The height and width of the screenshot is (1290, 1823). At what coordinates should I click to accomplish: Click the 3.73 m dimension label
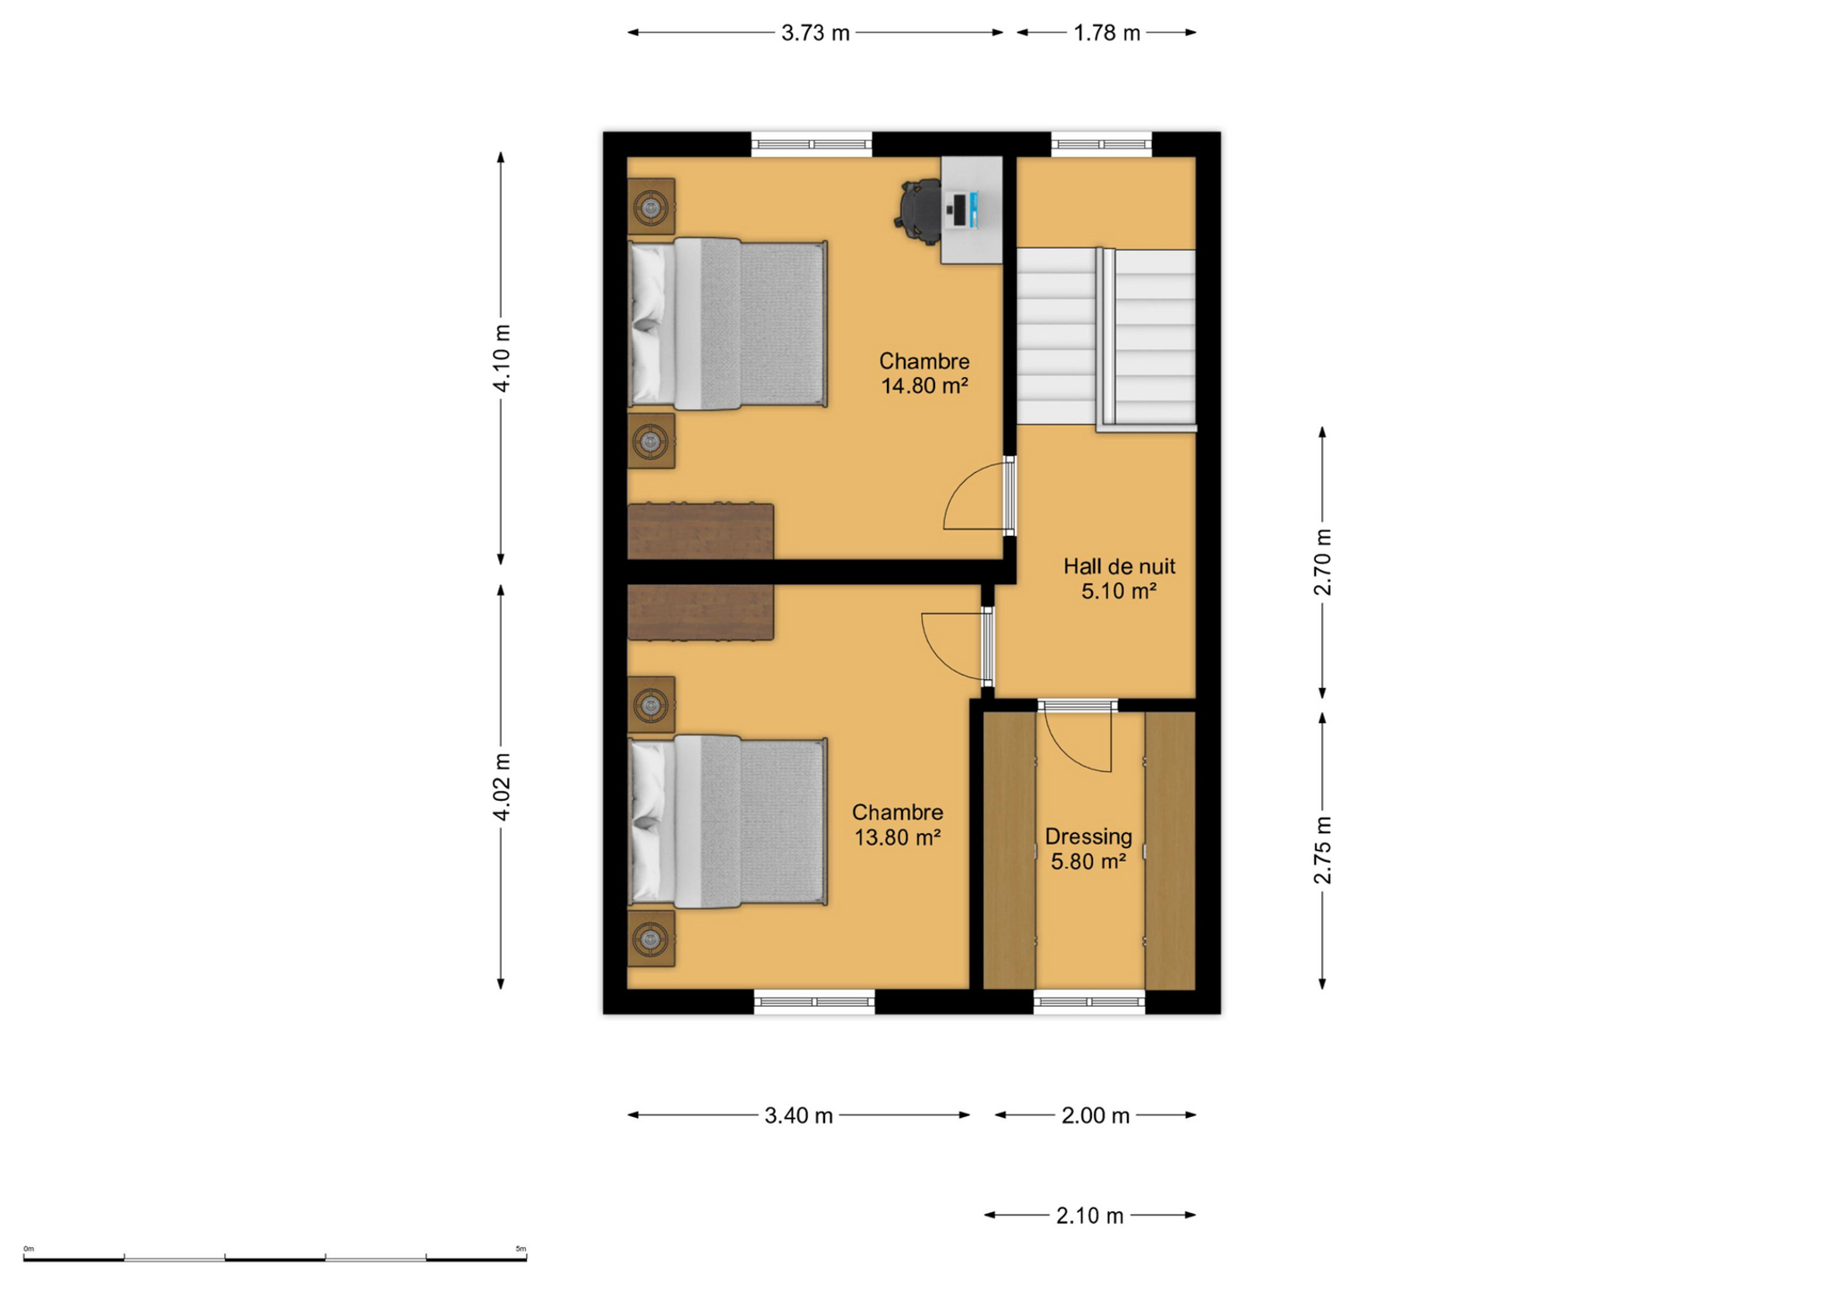pos(814,33)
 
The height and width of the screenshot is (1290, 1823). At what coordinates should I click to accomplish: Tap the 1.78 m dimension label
pos(1106,33)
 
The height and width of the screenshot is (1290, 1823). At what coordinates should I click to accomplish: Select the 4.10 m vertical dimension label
pos(502,358)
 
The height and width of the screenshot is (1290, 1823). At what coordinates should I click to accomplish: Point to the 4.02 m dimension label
pos(502,787)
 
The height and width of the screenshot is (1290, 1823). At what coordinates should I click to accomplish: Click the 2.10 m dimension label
pos(1089,1216)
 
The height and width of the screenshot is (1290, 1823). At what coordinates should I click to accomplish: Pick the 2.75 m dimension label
pos(1323,850)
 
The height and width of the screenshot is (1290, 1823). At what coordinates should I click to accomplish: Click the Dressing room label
pos(1088,837)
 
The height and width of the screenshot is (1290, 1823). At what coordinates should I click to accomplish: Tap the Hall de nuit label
pos(1119,566)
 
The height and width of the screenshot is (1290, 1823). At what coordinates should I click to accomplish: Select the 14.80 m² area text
pos(924,386)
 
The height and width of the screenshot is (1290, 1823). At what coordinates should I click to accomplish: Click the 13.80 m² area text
pos(897,838)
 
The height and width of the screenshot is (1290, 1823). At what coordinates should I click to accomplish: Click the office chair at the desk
pos(918,211)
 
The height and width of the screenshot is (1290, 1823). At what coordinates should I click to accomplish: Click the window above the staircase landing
pos(1101,144)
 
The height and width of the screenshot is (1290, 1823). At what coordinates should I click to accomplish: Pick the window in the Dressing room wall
pos(1089,1002)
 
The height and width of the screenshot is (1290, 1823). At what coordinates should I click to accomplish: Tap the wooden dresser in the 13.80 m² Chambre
pos(701,613)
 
